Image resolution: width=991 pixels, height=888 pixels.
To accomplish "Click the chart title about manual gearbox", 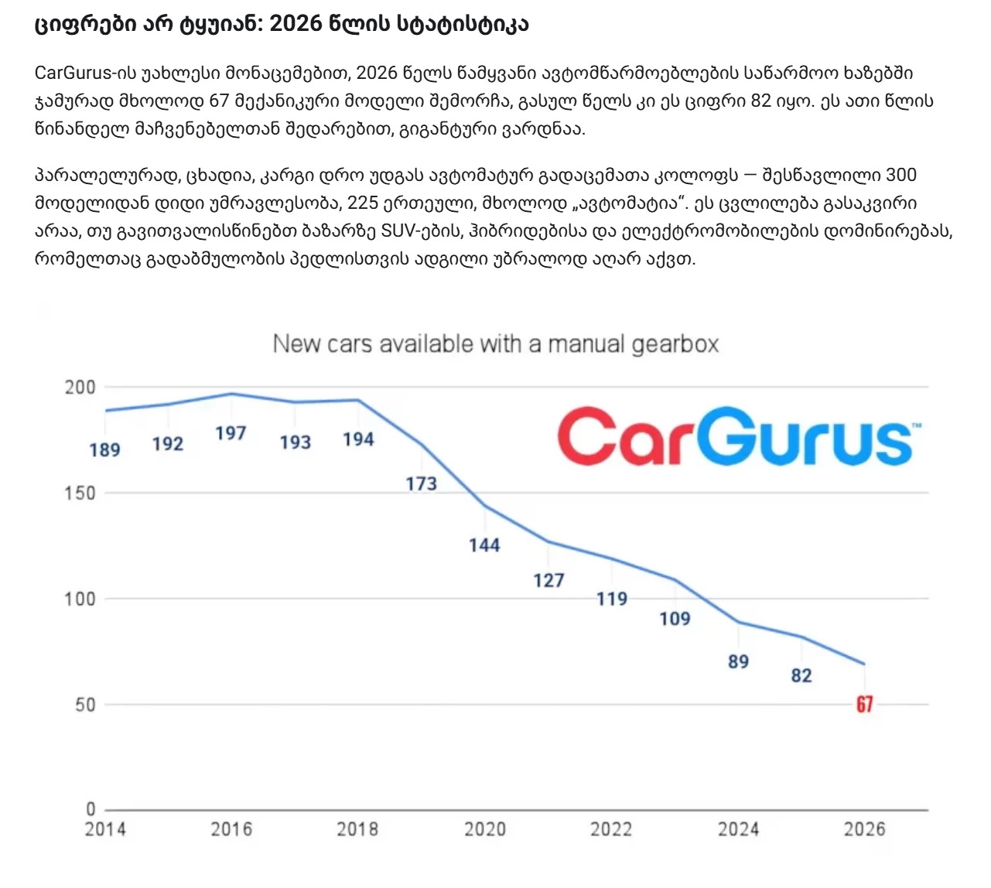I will (496, 344).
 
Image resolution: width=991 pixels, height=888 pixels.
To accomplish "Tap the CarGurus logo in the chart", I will (735, 437).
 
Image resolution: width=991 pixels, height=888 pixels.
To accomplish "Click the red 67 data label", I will (864, 704).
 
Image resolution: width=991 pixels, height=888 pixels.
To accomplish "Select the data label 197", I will (231, 433).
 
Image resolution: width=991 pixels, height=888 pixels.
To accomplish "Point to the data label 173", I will (422, 483).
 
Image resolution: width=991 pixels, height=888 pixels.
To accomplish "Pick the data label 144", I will (484, 545).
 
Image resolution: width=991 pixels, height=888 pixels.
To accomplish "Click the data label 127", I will (548, 580).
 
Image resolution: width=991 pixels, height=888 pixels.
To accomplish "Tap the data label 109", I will (675, 619).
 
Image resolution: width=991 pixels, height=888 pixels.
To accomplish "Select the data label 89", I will (738, 661).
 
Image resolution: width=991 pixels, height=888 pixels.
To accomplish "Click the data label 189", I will (104, 449).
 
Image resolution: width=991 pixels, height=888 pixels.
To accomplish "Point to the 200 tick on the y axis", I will (80, 388).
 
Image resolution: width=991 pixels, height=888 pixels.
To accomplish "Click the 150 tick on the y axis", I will (80, 493).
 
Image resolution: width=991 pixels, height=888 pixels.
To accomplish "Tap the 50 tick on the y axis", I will (84, 705).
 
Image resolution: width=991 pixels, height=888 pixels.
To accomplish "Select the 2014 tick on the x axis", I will (105, 829).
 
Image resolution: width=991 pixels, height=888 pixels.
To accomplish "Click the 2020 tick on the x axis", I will (485, 829).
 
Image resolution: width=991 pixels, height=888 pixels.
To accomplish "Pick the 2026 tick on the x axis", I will (864, 829).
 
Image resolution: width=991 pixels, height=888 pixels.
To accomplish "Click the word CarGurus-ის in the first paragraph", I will (86, 73).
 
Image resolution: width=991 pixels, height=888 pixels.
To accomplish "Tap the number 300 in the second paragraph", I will (900, 175).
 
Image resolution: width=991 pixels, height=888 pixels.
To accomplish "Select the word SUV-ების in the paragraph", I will (412, 231).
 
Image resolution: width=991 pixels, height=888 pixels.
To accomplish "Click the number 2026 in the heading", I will (296, 24).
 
